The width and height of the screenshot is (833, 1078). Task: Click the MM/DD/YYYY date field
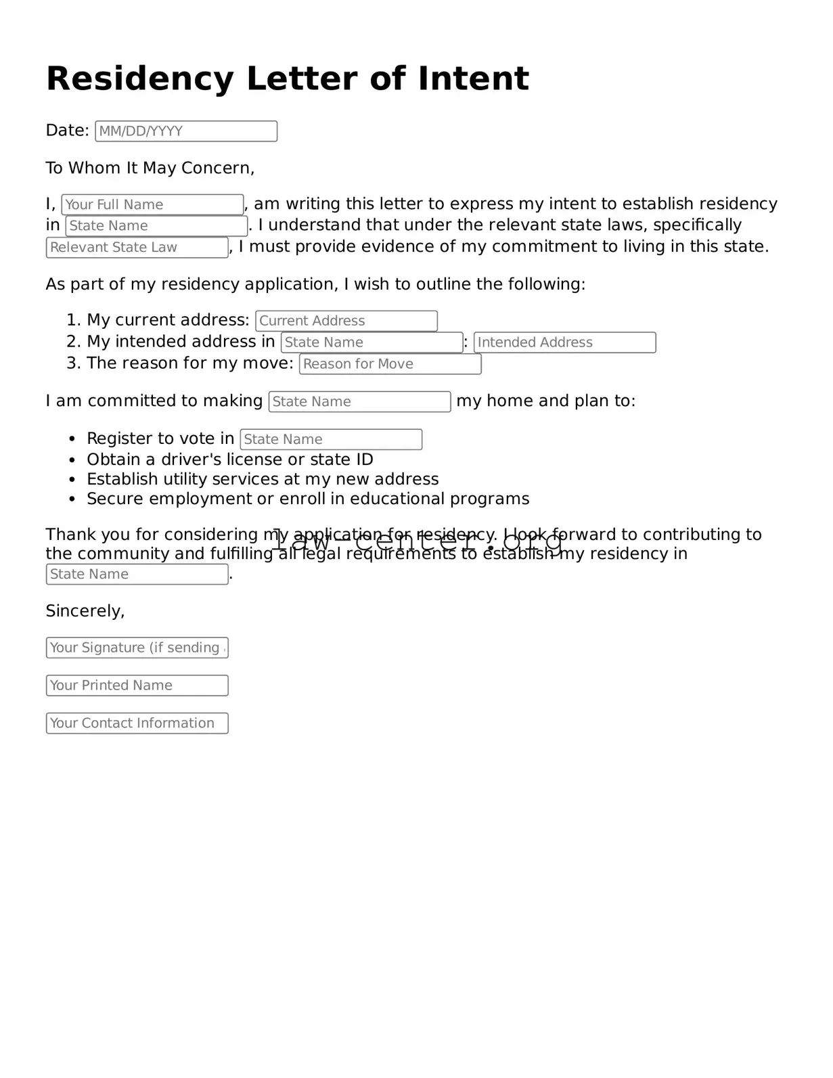[x=186, y=131]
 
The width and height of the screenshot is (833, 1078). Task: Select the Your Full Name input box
[x=152, y=204]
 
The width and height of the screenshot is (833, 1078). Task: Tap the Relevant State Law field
[x=137, y=248]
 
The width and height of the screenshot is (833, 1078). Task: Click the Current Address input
[x=346, y=321]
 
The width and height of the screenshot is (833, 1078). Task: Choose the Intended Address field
[x=564, y=342]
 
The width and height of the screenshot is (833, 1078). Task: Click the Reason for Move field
[x=390, y=364]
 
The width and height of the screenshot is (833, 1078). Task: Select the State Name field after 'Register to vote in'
[x=331, y=439]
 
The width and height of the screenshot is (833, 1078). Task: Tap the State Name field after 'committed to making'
[x=359, y=402]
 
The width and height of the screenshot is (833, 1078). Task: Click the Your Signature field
[x=137, y=648]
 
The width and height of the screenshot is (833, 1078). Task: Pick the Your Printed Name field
[x=137, y=686]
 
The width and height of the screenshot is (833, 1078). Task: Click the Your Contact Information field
[x=137, y=723]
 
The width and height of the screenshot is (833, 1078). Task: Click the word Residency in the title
[x=139, y=79]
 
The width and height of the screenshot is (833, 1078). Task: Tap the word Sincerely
[x=85, y=611]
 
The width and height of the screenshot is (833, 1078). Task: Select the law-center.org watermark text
[x=418, y=541]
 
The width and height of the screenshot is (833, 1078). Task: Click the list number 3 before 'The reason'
[x=72, y=363]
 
